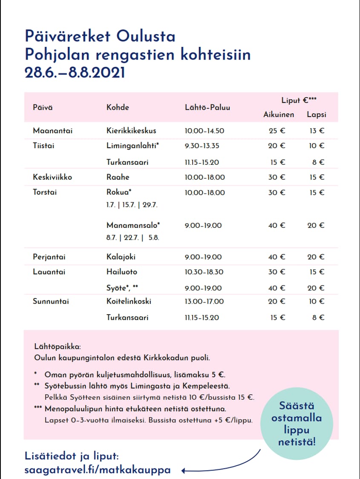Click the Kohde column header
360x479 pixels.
[118, 107]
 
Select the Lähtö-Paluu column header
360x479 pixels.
[207, 107]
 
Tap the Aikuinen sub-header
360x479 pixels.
[279, 115]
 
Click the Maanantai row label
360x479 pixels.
[52, 131]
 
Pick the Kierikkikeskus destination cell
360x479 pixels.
[131, 131]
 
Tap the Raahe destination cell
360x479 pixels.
[118, 177]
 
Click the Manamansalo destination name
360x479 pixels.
[133, 225]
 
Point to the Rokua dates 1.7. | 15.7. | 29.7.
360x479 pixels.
[132, 205]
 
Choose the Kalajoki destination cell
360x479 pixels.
[121, 257]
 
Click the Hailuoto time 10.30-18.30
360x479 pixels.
[204, 272]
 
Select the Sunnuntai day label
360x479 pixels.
[51, 301]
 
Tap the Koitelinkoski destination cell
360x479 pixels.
[129, 301]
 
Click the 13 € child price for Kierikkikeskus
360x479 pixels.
[317, 131]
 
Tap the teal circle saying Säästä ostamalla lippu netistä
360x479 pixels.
[297, 423]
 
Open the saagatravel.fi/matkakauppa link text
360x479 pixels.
[98, 470]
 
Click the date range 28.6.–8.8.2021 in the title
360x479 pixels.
[75, 72]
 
